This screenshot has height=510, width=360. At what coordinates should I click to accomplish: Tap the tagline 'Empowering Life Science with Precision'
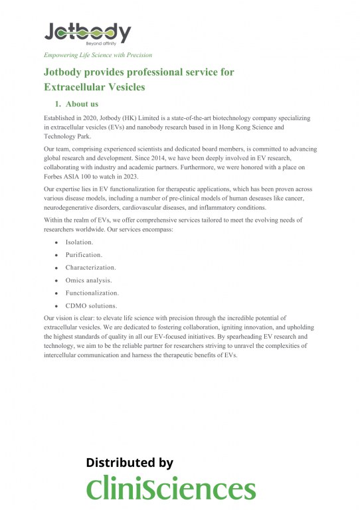tap(98, 55)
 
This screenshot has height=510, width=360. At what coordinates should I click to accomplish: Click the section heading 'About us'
tap(82, 104)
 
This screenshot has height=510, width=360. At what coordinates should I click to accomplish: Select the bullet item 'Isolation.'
tap(79, 242)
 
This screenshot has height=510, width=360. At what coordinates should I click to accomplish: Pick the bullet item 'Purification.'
tap(84, 255)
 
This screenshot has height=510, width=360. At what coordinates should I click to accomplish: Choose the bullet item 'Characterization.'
tap(90, 268)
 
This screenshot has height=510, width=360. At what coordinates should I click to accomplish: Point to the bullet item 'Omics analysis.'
tap(88, 280)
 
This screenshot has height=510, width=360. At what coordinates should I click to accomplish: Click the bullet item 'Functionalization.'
tap(92, 293)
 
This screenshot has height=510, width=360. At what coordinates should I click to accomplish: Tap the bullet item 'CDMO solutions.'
tap(91, 305)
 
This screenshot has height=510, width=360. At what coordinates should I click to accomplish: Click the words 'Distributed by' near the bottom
tap(130, 463)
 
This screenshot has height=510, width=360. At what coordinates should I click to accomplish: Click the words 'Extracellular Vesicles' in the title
tap(94, 87)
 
